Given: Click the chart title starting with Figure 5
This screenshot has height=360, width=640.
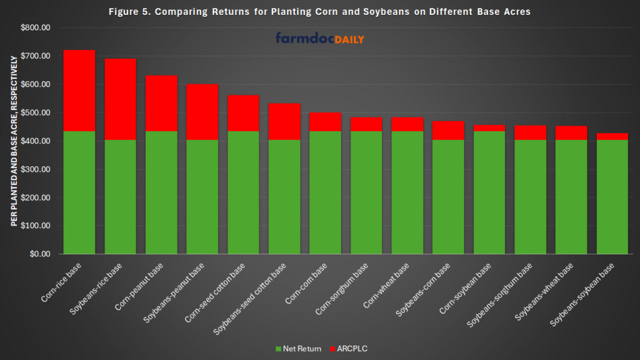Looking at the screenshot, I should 319,12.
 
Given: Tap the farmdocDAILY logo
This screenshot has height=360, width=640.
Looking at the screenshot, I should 319,39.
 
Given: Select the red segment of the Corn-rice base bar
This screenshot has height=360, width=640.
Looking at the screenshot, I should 79,91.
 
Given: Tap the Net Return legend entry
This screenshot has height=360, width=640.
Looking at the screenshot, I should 299,348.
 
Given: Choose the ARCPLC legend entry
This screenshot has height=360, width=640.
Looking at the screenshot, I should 351,348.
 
